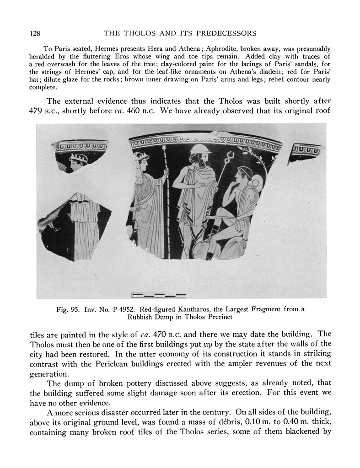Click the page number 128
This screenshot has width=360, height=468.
(x=35, y=33)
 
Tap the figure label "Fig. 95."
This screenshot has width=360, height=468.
(x=66, y=309)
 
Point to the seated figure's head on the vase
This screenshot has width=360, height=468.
(x=243, y=176)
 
